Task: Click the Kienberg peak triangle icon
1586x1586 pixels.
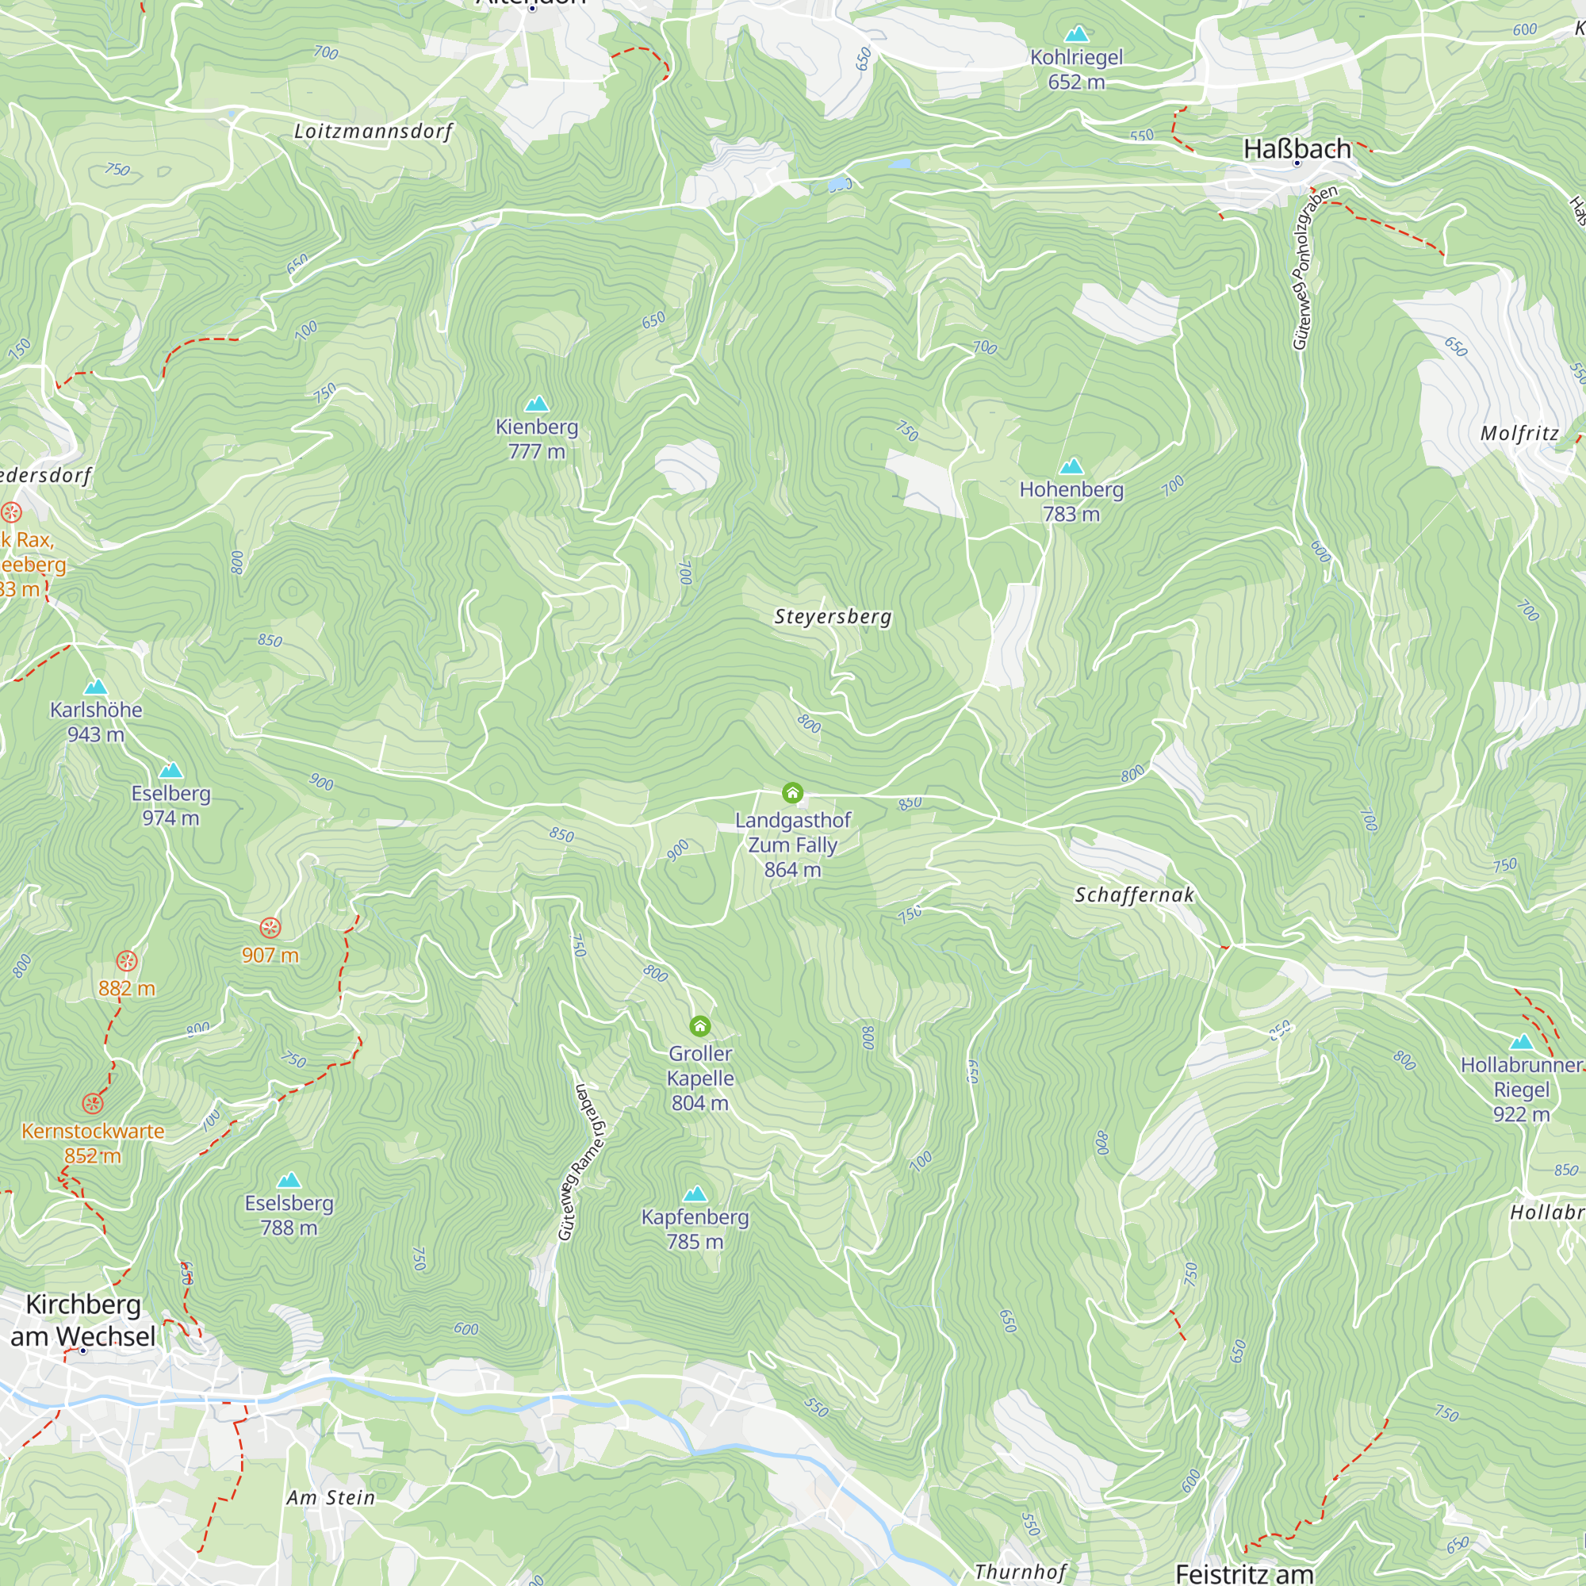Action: pyautogui.click(x=537, y=403)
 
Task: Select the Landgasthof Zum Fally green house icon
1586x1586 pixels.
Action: pyautogui.click(x=792, y=793)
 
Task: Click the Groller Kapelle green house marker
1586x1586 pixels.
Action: pyautogui.click(x=700, y=1026)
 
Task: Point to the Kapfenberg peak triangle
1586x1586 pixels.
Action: pyautogui.click(x=695, y=1193)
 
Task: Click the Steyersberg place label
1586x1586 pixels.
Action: pyautogui.click(x=833, y=616)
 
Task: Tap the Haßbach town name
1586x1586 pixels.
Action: pyautogui.click(x=1297, y=149)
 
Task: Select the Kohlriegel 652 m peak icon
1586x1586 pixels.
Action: pyautogui.click(x=1076, y=34)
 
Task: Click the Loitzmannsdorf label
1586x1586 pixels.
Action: pyautogui.click(x=374, y=132)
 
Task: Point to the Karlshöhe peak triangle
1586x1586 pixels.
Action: pyautogui.click(x=96, y=686)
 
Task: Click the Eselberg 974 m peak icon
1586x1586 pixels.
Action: pyautogui.click(x=170, y=770)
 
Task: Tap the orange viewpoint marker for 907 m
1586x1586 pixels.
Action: pyautogui.click(x=270, y=928)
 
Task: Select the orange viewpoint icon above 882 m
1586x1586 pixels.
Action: pyautogui.click(x=126, y=960)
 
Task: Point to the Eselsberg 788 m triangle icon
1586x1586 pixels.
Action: pyautogui.click(x=289, y=1181)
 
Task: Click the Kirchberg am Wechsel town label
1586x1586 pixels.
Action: pyautogui.click(x=82, y=1320)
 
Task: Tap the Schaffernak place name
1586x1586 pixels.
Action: pyautogui.click(x=1134, y=895)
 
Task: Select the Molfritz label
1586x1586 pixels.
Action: pyautogui.click(x=1519, y=434)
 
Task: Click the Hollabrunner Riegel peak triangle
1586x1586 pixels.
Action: pyautogui.click(x=1521, y=1043)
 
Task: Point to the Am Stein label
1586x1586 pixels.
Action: pyautogui.click(x=331, y=1498)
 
